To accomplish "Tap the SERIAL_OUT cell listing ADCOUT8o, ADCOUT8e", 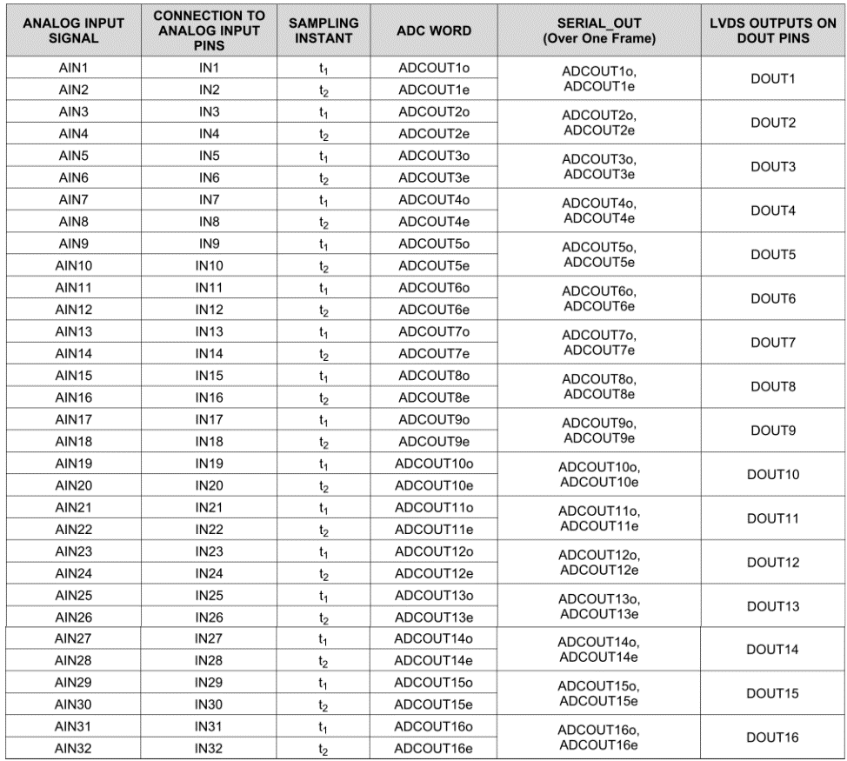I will tap(597, 386).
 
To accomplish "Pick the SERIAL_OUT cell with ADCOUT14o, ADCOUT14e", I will tap(597, 649).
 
